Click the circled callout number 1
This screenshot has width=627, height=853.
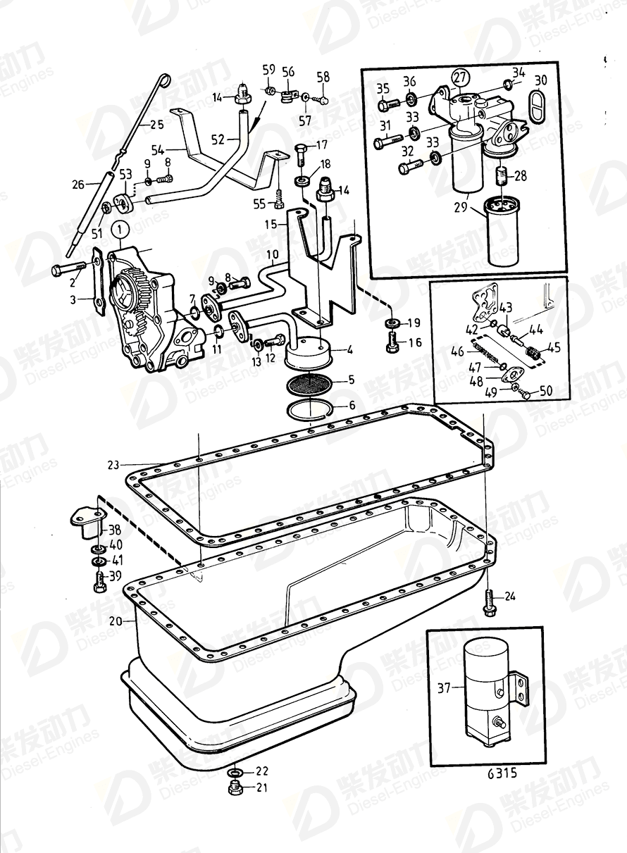point(120,229)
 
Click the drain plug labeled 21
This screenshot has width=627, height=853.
point(235,787)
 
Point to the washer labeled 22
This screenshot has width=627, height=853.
point(236,771)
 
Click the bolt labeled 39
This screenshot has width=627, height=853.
point(98,580)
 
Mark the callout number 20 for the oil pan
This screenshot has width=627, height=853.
point(115,621)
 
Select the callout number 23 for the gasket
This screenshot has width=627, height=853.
point(115,464)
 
